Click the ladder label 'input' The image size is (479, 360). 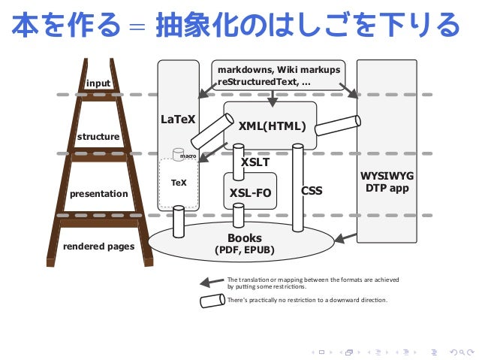click(x=98, y=83)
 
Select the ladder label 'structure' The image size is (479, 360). click(x=98, y=137)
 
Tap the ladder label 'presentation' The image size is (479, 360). click(x=98, y=194)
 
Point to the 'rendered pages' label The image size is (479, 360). click(x=98, y=246)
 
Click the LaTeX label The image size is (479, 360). click(x=178, y=119)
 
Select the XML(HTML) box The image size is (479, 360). click(x=271, y=126)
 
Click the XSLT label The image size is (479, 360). click(x=255, y=162)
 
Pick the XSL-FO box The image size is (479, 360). click(x=249, y=192)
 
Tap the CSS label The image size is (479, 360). click(x=312, y=191)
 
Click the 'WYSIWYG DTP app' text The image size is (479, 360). click(x=387, y=182)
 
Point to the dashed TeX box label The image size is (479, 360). click(x=179, y=183)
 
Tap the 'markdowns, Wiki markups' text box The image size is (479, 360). click(x=279, y=75)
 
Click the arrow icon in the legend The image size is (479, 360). click(x=211, y=283)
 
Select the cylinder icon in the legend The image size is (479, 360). click(x=212, y=301)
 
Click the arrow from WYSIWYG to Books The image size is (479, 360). click(x=345, y=238)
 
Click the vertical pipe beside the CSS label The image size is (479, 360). click(x=298, y=188)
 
